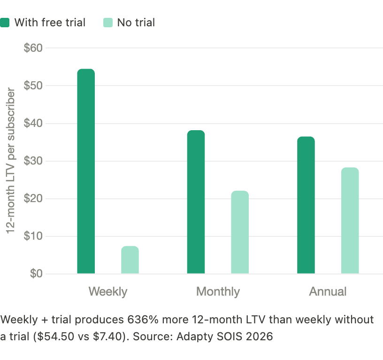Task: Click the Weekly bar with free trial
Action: click(x=86, y=171)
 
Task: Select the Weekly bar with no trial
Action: click(x=130, y=260)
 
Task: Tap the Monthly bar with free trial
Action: click(x=196, y=202)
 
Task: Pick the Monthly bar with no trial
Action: click(x=240, y=232)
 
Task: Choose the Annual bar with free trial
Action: click(x=306, y=205)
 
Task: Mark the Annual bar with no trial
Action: click(x=350, y=220)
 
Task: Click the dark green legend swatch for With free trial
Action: click(x=5, y=23)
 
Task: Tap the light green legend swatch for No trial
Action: click(x=108, y=23)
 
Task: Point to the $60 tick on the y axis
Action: click(x=33, y=48)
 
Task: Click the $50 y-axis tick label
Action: click(x=33, y=86)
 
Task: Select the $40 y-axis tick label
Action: click(x=33, y=124)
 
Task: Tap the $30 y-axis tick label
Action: click(x=33, y=161)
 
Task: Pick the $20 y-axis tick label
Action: click(x=33, y=199)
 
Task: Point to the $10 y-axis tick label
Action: click(x=33, y=236)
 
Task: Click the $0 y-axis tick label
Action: click(x=35, y=274)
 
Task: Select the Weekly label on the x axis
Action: click(x=108, y=291)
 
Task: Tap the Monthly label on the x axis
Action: click(x=218, y=291)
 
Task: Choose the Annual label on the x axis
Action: click(x=328, y=291)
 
